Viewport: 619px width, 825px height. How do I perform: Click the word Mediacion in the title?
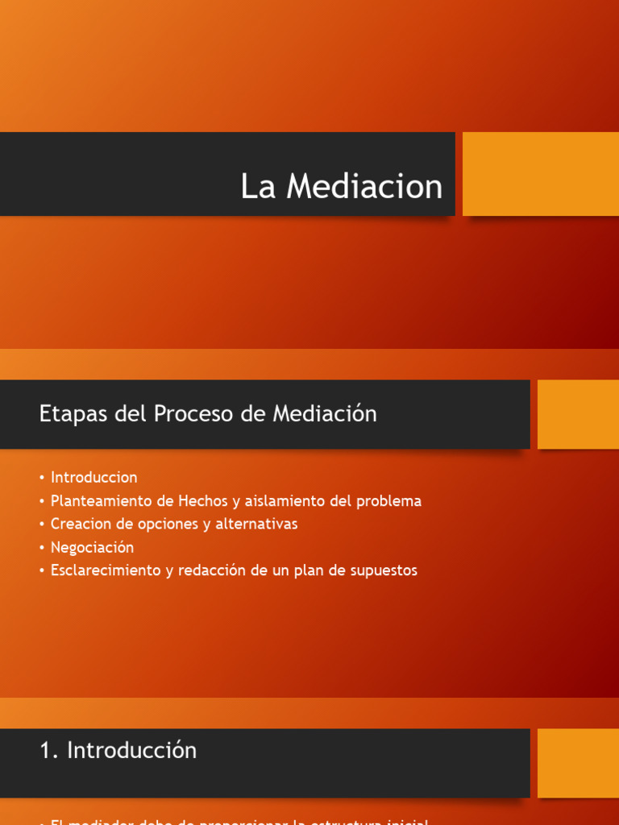pyautogui.click(x=364, y=187)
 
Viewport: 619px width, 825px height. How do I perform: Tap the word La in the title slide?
pyautogui.click(x=258, y=187)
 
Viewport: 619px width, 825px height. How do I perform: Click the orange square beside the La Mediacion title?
pyautogui.click(x=540, y=174)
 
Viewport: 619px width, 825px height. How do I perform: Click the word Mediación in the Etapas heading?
pyautogui.click(x=325, y=414)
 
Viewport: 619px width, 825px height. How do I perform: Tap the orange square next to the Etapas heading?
pyautogui.click(x=577, y=414)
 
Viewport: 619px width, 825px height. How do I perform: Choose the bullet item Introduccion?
pyautogui.click(x=93, y=477)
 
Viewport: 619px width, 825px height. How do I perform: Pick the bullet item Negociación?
pyautogui.click(x=92, y=547)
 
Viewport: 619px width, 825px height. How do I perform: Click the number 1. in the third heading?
pyautogui.click(x=49, y=750)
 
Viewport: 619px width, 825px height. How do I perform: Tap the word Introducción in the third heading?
pyautogui.click(x=132, y=750)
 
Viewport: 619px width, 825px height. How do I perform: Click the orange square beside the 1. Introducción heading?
pyautogui.click(x=577, y=763)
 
